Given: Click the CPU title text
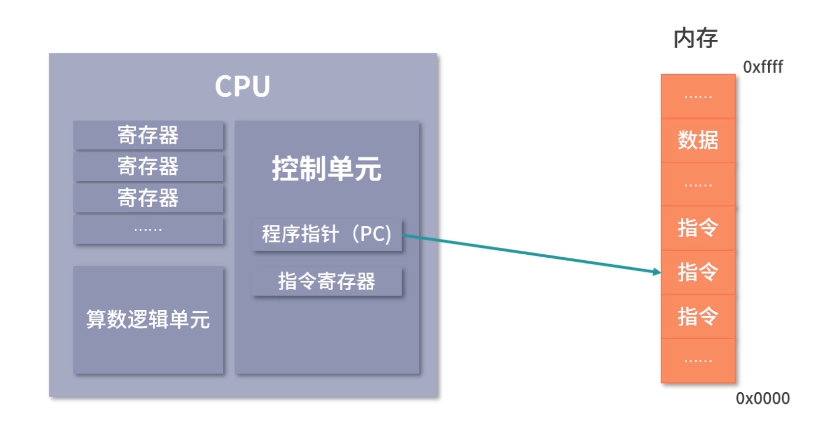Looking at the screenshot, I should tap(242, 86).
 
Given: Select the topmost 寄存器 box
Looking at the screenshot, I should tap(148, 135).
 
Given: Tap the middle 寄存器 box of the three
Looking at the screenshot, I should tap(148, 166).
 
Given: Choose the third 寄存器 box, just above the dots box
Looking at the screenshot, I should tap(148, 198).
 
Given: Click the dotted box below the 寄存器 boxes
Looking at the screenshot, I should tap(148, 229).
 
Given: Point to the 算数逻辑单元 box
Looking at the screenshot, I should tap(148, 320).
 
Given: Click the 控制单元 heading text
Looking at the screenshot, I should tap(327, 169).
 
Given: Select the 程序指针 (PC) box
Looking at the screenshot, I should tap(327, 234).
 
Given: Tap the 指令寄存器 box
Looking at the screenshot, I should tap(327, 281).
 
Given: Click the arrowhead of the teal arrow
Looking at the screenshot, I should tap(657, 271).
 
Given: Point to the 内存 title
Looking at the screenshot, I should tap(696, 38).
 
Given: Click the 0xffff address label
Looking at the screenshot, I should tap(762, 67).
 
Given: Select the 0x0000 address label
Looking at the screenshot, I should tap(762, 398).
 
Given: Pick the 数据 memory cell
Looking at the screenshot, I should tap(698, 140).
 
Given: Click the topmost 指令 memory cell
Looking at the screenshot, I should tap(698, 228).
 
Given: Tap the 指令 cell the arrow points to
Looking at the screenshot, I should tap(698, 272).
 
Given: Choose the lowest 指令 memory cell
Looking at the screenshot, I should tap(698, 316).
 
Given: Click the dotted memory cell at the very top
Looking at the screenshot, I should tap(698, 97).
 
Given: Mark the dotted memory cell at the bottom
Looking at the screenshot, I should tap(698, 361).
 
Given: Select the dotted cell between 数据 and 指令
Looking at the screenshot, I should tap(698, 185).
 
